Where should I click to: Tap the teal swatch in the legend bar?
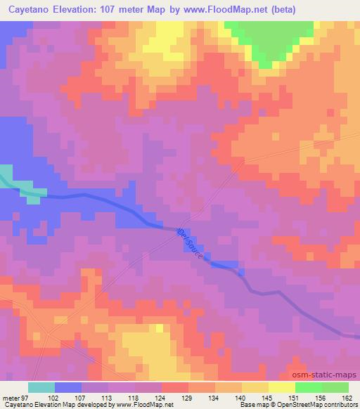(x=41, y=387)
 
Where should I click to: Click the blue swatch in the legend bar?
(x=68, y=387)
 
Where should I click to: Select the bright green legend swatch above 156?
(x=309, y=387)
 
